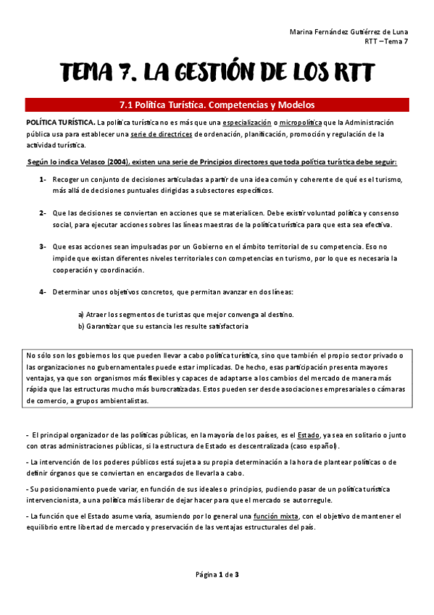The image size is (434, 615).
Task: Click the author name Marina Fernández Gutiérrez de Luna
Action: [x=349, y=32]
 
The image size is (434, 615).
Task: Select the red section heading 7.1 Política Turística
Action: [x=217, y=105]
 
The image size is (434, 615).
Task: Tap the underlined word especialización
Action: [x=248, y=122]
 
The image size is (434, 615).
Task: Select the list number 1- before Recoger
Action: [x=43, y=179]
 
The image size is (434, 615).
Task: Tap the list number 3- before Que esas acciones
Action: [x=43, y=247]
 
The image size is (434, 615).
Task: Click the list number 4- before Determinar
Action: [x=43, y=292]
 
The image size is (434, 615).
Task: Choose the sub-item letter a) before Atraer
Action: [x=81, y=315]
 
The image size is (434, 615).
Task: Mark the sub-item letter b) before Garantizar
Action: [x=81, y=326]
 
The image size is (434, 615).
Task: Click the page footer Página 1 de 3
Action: [x=217, y=575]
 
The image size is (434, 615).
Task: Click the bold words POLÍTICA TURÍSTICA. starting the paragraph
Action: [x=59, y=122]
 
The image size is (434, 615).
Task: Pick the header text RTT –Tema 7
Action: [x=386, y=42]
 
